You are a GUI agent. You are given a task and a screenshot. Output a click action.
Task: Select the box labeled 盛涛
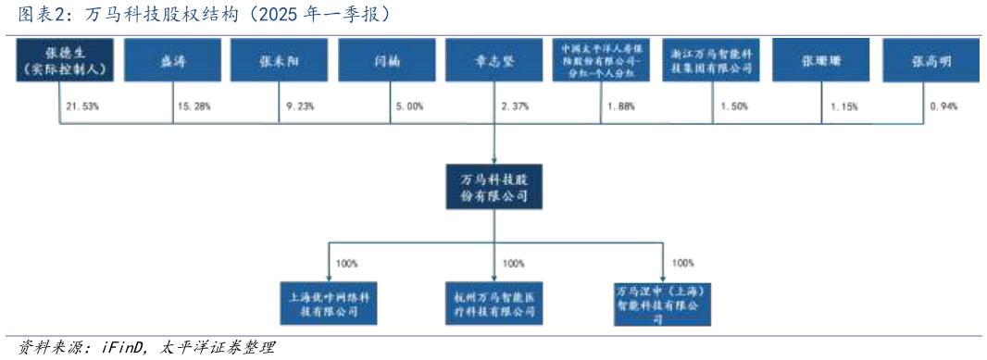point(172,60)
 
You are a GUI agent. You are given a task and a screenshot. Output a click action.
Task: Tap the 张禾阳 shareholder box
point(280,60)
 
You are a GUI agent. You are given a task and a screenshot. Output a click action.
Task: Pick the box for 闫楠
point(387,60)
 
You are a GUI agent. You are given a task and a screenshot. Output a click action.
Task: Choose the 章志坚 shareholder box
point(494,60)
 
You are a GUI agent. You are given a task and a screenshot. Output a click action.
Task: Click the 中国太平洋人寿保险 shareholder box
point(603,60)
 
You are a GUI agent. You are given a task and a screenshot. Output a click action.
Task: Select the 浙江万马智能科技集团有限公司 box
point(712,60)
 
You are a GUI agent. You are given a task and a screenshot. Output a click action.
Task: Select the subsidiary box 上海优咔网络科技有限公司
point(330,304)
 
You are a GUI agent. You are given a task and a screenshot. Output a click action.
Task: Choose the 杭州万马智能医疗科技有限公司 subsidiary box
point(494,304)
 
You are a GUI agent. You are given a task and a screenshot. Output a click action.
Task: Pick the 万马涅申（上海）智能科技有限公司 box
point(663,304)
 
